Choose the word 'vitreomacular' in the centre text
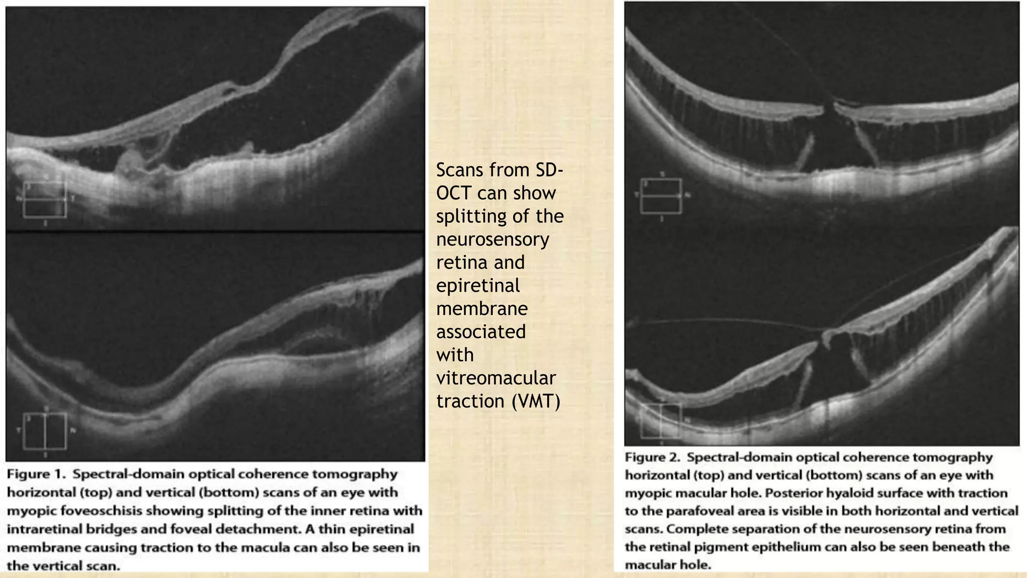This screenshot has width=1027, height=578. point(495,378)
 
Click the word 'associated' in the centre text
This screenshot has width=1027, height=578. point(480,332)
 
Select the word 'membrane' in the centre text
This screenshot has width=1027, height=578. point(481,309)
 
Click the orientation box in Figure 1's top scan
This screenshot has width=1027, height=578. point(45,200)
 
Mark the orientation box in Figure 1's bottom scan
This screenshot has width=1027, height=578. point(45,430)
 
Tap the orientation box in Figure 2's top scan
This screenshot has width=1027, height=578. point(661,196)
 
